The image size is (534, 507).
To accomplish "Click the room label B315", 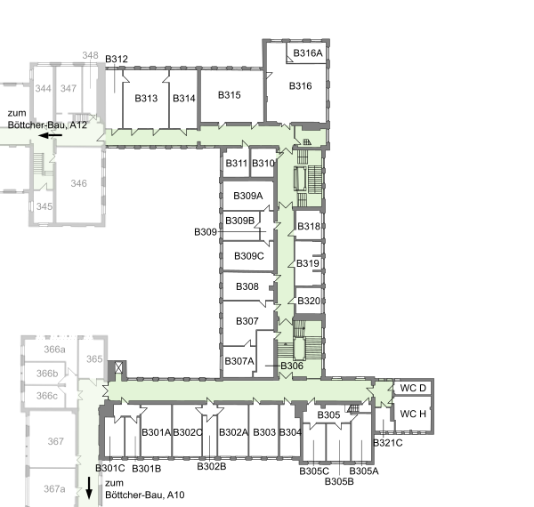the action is (230, 95).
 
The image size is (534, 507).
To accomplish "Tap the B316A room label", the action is (308, 53).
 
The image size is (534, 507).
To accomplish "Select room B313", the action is (146, 99).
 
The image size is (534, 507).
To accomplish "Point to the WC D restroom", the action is (413, 388).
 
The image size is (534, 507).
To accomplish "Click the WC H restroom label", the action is (413, 414).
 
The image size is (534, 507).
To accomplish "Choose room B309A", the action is (248, 196).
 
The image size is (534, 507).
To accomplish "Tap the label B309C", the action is (248, 255).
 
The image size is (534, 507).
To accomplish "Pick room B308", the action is (247, 286).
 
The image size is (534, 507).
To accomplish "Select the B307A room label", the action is (239, 361).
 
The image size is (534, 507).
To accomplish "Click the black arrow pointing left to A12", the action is (51, 135).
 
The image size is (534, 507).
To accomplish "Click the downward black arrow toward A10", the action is (89, 487).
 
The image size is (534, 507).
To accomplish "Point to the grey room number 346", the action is (78, 183).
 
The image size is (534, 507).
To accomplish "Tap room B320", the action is (309, 301).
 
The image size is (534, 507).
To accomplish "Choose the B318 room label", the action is (309, 226).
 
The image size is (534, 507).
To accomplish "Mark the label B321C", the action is (388, 443).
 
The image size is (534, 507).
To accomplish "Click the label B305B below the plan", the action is (339, 481).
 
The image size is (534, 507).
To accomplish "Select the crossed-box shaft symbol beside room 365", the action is (118, 367).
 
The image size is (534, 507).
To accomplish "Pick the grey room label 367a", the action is (54, 489).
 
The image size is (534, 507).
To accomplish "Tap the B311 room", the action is (237, 164).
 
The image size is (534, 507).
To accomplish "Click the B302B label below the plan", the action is (212, 466).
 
